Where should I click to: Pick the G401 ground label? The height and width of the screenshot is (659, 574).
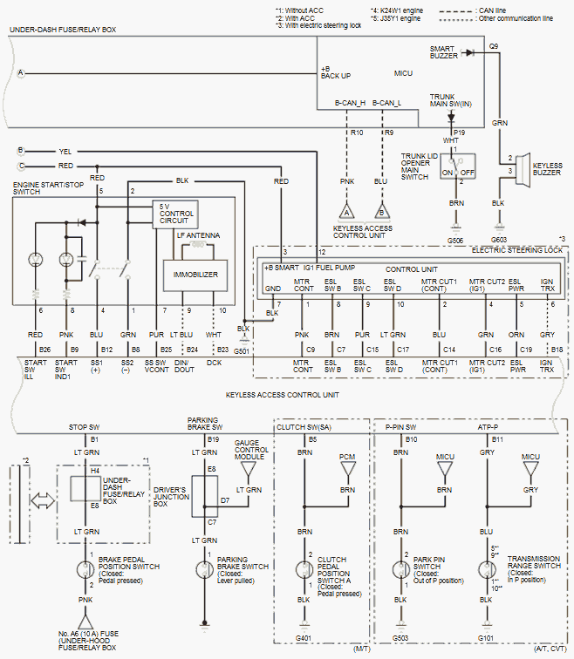(304, 637)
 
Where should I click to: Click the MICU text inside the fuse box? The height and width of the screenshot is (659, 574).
(403, 73)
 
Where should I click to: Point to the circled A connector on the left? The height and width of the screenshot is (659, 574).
(21, 72)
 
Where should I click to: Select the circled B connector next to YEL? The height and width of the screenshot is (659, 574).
(21, 150)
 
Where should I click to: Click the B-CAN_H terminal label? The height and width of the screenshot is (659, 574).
(350, 104)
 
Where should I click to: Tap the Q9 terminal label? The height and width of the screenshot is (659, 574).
(494, 45)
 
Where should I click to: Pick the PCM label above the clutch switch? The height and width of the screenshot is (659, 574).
(347, 456)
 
